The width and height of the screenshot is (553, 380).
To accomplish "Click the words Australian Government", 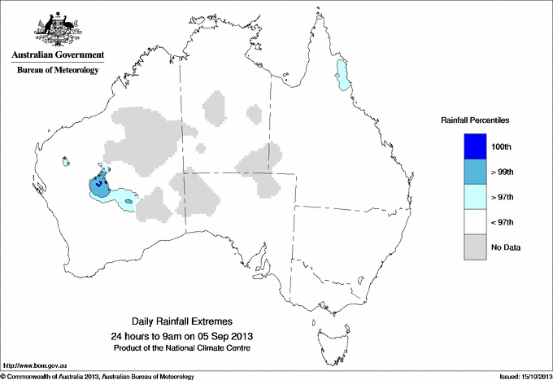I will tap(57, 55).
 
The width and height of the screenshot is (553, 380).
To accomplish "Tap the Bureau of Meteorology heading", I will tap(57, 71).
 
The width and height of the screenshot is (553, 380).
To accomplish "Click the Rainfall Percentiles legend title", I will tap(475, 120).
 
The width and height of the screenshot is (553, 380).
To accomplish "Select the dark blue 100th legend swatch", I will tap(476, 146).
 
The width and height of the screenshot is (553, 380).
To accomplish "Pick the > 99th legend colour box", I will tap(476, 172).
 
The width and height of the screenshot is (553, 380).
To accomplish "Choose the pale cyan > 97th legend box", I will tap(476, 197).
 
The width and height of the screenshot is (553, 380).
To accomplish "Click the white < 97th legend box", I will tap(476, 222).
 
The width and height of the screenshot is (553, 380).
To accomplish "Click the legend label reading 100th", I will tap(503, 146).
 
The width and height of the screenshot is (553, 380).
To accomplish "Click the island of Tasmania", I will tap(324, 335).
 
